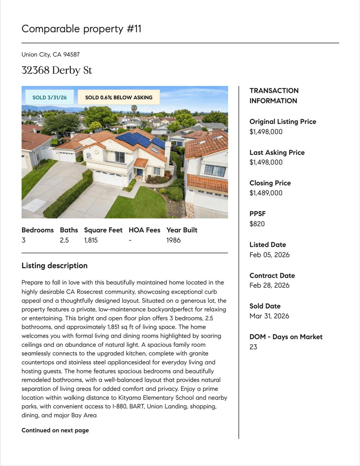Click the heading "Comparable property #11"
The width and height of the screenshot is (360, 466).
pos(82,29)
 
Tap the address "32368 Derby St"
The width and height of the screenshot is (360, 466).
pos(57,70)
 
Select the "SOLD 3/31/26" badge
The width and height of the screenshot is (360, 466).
pos(49,97)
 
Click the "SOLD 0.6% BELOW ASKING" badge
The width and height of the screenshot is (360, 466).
pos(119,97)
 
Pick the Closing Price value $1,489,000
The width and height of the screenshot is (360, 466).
pos(266,193)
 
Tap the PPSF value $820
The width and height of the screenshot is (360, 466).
pos(257,224)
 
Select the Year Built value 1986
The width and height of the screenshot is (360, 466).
pos(173,240)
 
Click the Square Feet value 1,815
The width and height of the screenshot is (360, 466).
pos(91,240)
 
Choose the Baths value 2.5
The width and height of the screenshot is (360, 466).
pos(64,240)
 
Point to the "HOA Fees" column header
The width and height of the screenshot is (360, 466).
pos(144,230)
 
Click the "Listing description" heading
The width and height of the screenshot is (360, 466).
pos(54,265)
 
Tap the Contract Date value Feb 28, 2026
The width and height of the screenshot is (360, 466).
pos(269,285)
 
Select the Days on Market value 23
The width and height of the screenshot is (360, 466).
pos(253,347)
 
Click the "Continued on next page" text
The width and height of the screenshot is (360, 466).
pos(55,430)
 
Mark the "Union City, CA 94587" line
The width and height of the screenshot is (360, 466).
pos(50,54)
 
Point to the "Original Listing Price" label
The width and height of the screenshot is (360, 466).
pos(283,122)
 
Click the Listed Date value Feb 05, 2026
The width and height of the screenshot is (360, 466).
pos(269,255)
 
